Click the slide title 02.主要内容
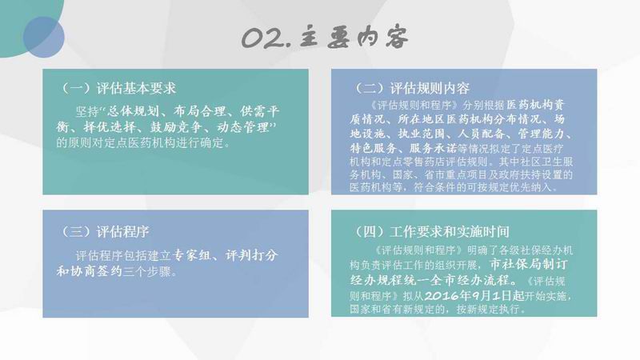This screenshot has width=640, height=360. (325, 38)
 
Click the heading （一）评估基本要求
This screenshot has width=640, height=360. (118, 88)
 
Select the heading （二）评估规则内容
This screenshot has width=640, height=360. (411, 88)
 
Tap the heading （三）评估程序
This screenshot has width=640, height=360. (104, 232)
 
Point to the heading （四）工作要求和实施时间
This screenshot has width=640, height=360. (430, 232)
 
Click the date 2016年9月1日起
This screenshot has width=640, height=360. (474, 295)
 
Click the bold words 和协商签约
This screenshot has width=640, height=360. (90, 271)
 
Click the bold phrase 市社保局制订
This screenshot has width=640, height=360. (529, 265)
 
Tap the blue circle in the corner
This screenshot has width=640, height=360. (44, 37)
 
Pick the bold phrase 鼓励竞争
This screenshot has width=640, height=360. (176, 127)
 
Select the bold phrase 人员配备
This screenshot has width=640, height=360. (482, 134)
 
